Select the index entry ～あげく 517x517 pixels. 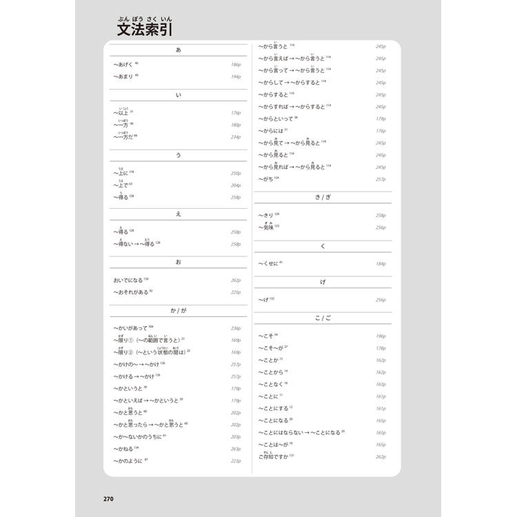coord(124,63)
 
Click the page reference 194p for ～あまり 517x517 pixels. coord(236,77)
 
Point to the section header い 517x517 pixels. coord(179,95)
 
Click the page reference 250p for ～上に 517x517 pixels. coord(236,174)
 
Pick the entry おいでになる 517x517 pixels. coord(129,281)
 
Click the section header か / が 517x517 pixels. coord(179,312)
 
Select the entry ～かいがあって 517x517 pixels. coord(132,328)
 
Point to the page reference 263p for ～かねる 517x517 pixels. coord(236,449)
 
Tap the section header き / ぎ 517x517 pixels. coord(323,197)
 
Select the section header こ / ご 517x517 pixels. coord(323,318)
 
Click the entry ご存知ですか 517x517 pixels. coord(275,456)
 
